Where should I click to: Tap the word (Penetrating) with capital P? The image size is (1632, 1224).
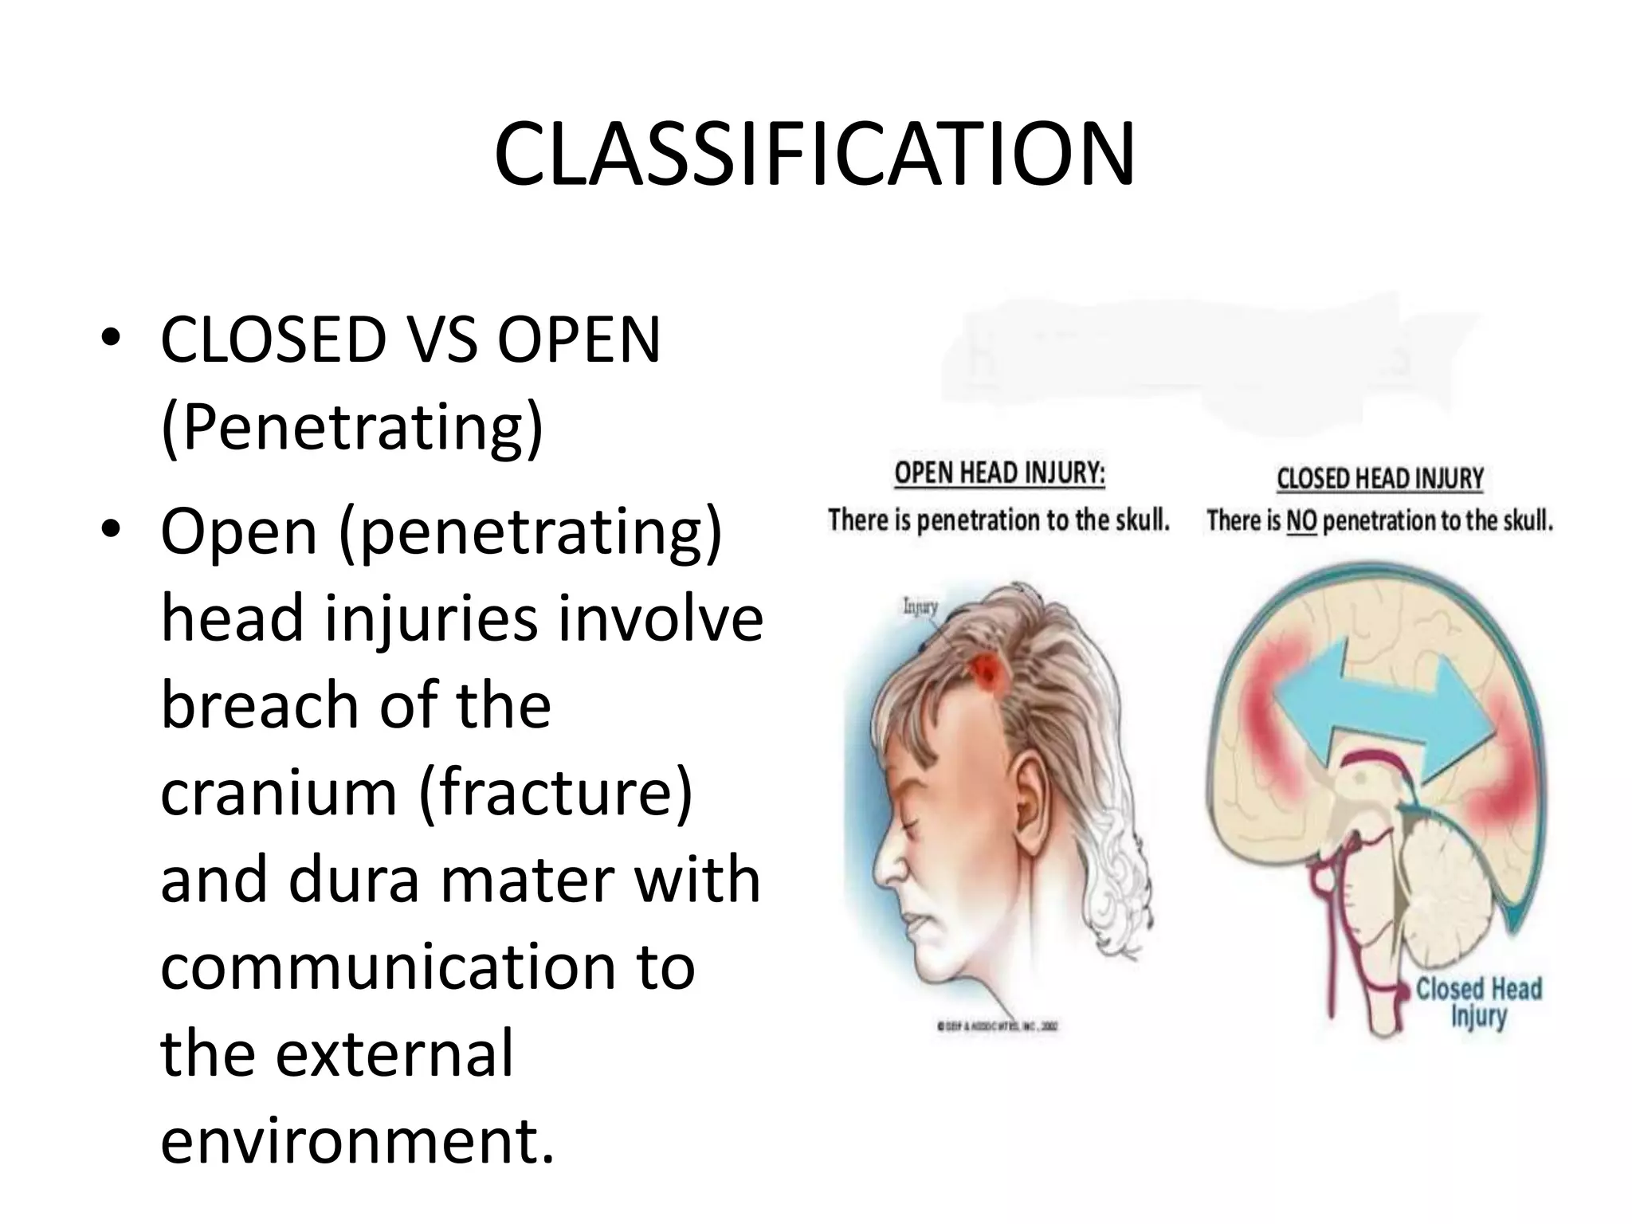351,427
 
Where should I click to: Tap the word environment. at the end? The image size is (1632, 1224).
356,1141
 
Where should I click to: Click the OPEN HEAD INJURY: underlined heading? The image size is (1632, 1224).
999,473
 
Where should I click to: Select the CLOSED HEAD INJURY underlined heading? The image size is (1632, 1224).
1379,478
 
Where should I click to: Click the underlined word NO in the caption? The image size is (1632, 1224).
1301,521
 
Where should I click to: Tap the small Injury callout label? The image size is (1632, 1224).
920,607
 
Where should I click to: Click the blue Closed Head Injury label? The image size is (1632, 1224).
1478,1002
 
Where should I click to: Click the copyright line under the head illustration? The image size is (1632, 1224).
998,1027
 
